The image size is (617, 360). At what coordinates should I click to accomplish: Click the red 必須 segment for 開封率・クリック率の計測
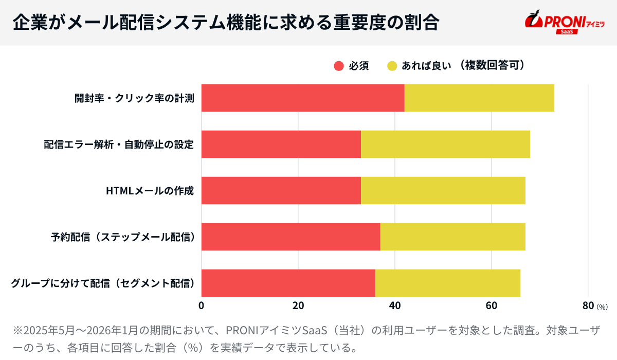302,98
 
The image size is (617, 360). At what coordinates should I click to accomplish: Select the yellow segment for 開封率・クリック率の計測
479,98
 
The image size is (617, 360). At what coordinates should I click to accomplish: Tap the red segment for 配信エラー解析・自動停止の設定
281,144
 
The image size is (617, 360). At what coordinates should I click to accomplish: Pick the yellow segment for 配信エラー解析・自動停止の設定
445,144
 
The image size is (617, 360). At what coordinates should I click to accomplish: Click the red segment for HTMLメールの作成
281,190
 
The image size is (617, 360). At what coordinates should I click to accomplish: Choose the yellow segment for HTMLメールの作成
443,190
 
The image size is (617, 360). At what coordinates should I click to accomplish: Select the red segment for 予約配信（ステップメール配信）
291,237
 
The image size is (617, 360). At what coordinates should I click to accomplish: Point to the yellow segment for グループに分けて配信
448,283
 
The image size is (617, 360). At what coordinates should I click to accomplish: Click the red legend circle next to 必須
338,66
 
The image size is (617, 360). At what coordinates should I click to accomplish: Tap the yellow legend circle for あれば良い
392,66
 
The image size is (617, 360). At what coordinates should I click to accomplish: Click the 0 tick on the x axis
201,305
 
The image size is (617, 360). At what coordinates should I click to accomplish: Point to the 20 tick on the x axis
298,305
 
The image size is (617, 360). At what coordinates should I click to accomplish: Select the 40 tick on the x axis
395,305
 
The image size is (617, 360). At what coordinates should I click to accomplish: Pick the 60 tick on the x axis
492,305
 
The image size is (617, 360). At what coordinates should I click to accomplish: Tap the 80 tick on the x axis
588,305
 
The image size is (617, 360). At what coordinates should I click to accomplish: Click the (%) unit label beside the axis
602,307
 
